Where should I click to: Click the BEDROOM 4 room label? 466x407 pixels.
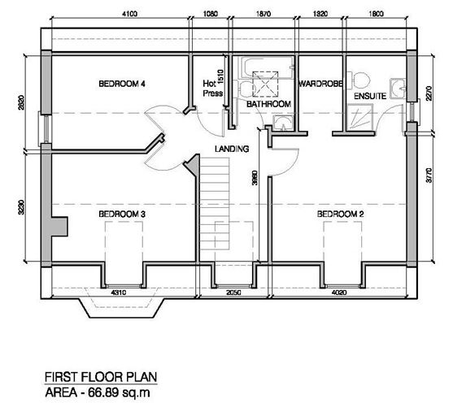[x=122, y=84]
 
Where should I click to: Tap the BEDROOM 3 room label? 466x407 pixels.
[x=122, y=214]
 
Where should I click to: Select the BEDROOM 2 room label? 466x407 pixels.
[x=340, y=214]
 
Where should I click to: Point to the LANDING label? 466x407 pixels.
[x=232, y=149]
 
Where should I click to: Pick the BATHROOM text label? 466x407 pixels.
[x=268, y=104]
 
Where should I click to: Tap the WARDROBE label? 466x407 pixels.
[x=320, y=84]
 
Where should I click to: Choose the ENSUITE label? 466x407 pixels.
[x=370, y=96]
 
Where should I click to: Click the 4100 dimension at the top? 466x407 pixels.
[x=130, y=14]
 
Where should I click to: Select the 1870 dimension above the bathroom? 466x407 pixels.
[x=263, y=14]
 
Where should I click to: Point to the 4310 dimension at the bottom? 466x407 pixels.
[x=119, y=292]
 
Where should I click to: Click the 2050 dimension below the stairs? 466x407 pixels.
[x=233, y=292]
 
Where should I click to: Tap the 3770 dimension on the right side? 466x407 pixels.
[x=429, y=175]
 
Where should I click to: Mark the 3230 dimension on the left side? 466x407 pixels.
[x=21, y=207]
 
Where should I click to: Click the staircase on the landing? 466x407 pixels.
[x=215, y=204]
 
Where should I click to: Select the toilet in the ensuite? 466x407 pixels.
[x=359, y=80]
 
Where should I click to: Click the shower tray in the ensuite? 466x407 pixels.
[x=359, y=117]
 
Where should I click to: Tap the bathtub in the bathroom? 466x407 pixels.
[x=266, y=68]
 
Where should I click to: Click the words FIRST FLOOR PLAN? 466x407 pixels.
[x=101, y=377]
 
